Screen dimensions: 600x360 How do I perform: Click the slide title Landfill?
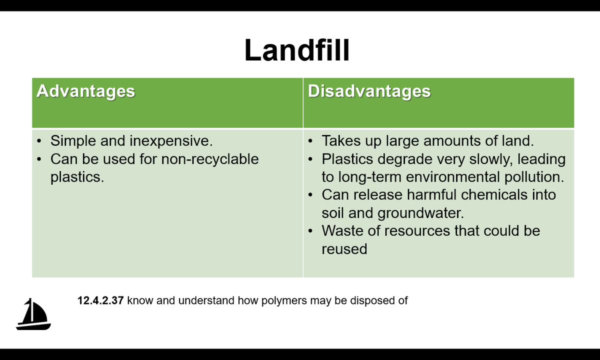(x=297, y=50)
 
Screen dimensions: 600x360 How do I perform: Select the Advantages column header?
(x=85, y=91)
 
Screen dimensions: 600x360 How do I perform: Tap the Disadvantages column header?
(x=369, y=91)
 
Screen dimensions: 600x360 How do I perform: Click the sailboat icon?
(x=33, y=314)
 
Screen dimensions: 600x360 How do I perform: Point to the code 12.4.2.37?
(x=100, y=300)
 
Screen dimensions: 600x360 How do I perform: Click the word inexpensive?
(x=171, y=141)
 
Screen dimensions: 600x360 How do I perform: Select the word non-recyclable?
(x=210, y=159)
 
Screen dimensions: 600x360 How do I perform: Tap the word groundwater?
(x=420, y=213)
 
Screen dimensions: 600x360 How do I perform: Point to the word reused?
(x=344, y=249)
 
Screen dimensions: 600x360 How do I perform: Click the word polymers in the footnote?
(x=284, y=301)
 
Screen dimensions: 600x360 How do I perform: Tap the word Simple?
(x=73, y=141)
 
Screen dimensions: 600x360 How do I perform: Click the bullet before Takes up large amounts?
(x=310, y=141)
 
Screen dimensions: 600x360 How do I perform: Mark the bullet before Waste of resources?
(x=310, y=231)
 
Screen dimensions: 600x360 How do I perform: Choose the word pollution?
(x=534, y=177)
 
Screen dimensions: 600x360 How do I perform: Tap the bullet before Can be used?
(x=39, y=159)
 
